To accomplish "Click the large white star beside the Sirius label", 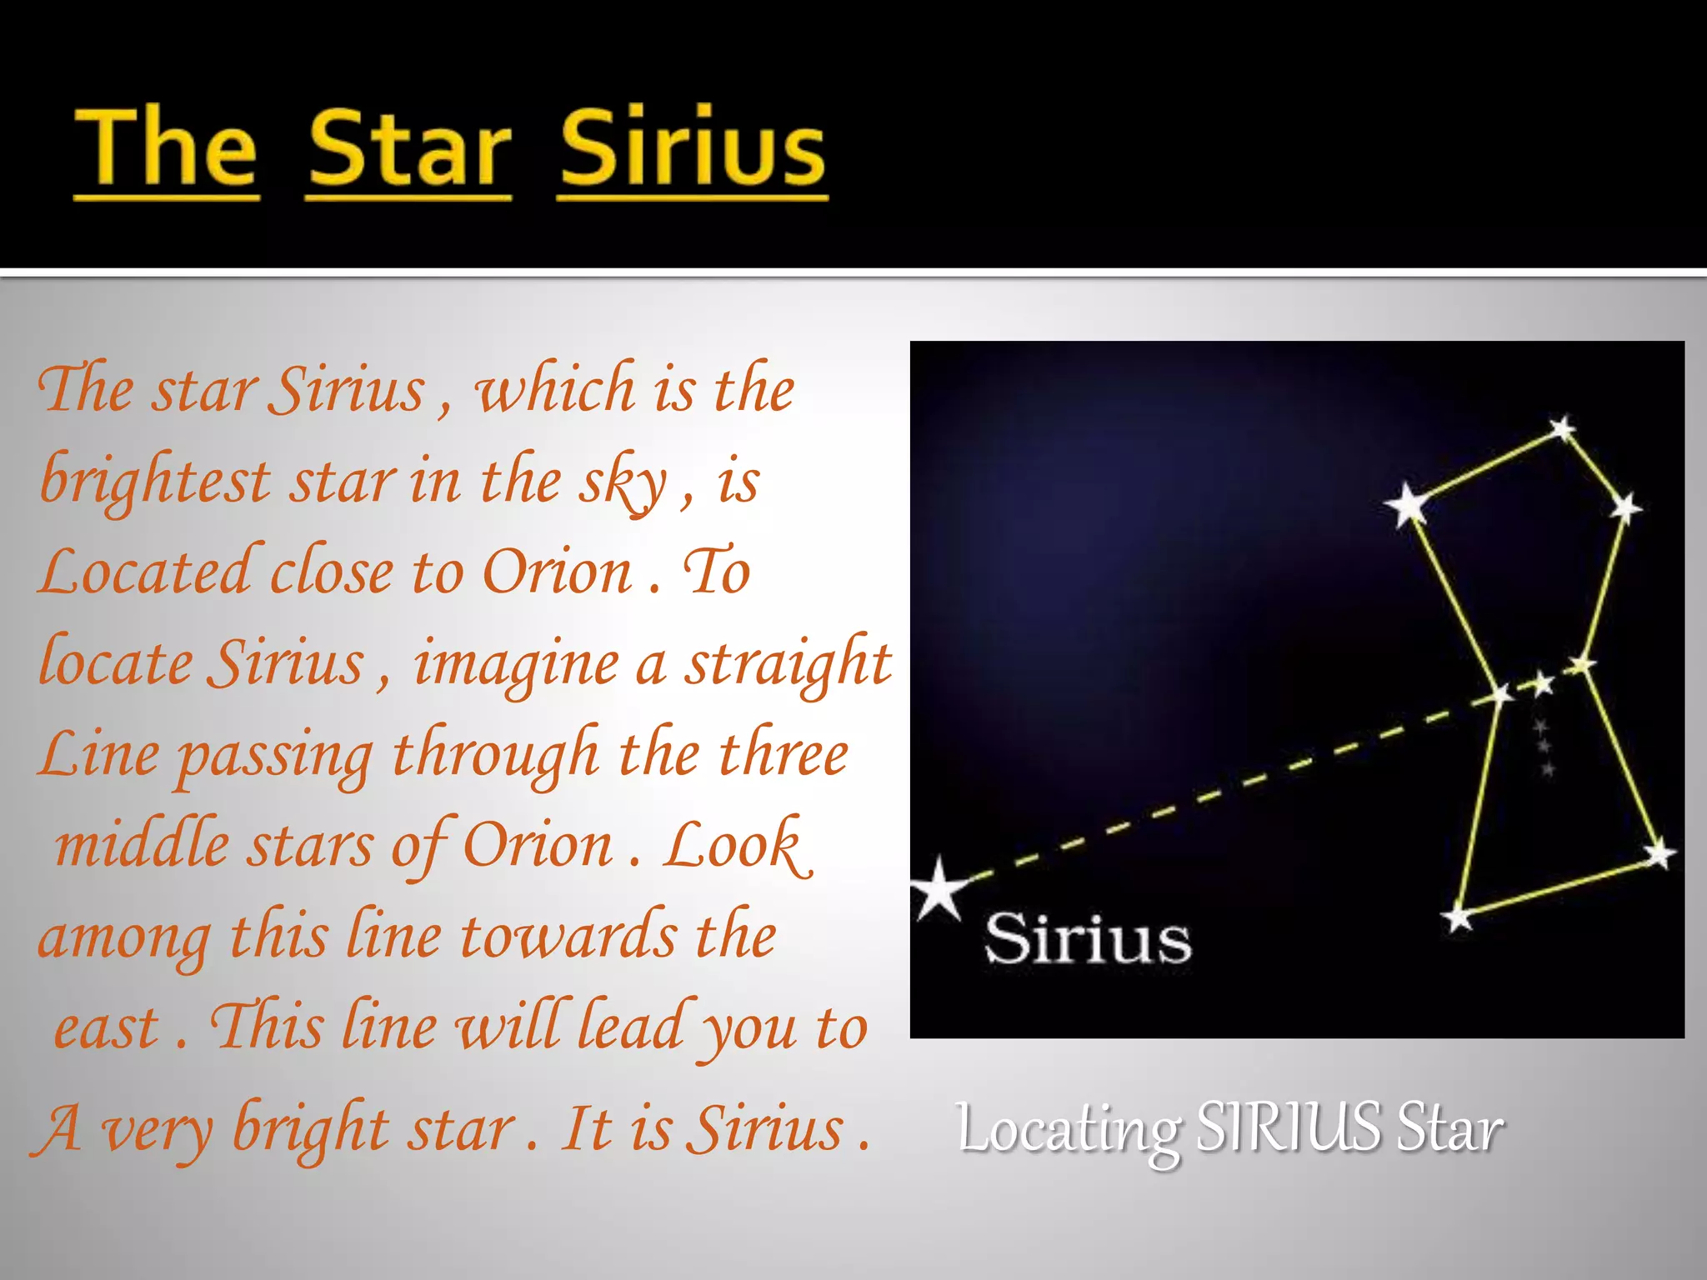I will [x=940, y=889].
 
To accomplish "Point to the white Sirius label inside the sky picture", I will [x=1088, y=939].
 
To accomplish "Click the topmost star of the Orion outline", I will [x=1563, y=429].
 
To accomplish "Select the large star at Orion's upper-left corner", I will [x=1408, y=503].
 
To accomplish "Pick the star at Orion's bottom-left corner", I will [x=1459, y=918].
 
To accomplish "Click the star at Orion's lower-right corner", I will [x=1659, y=853].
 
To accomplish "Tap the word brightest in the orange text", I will [x=156, y=482].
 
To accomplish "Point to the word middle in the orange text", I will [x=142, y=845].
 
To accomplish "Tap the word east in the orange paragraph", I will [x=106, y=1027].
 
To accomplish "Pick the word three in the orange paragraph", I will [x=783, y=753].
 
